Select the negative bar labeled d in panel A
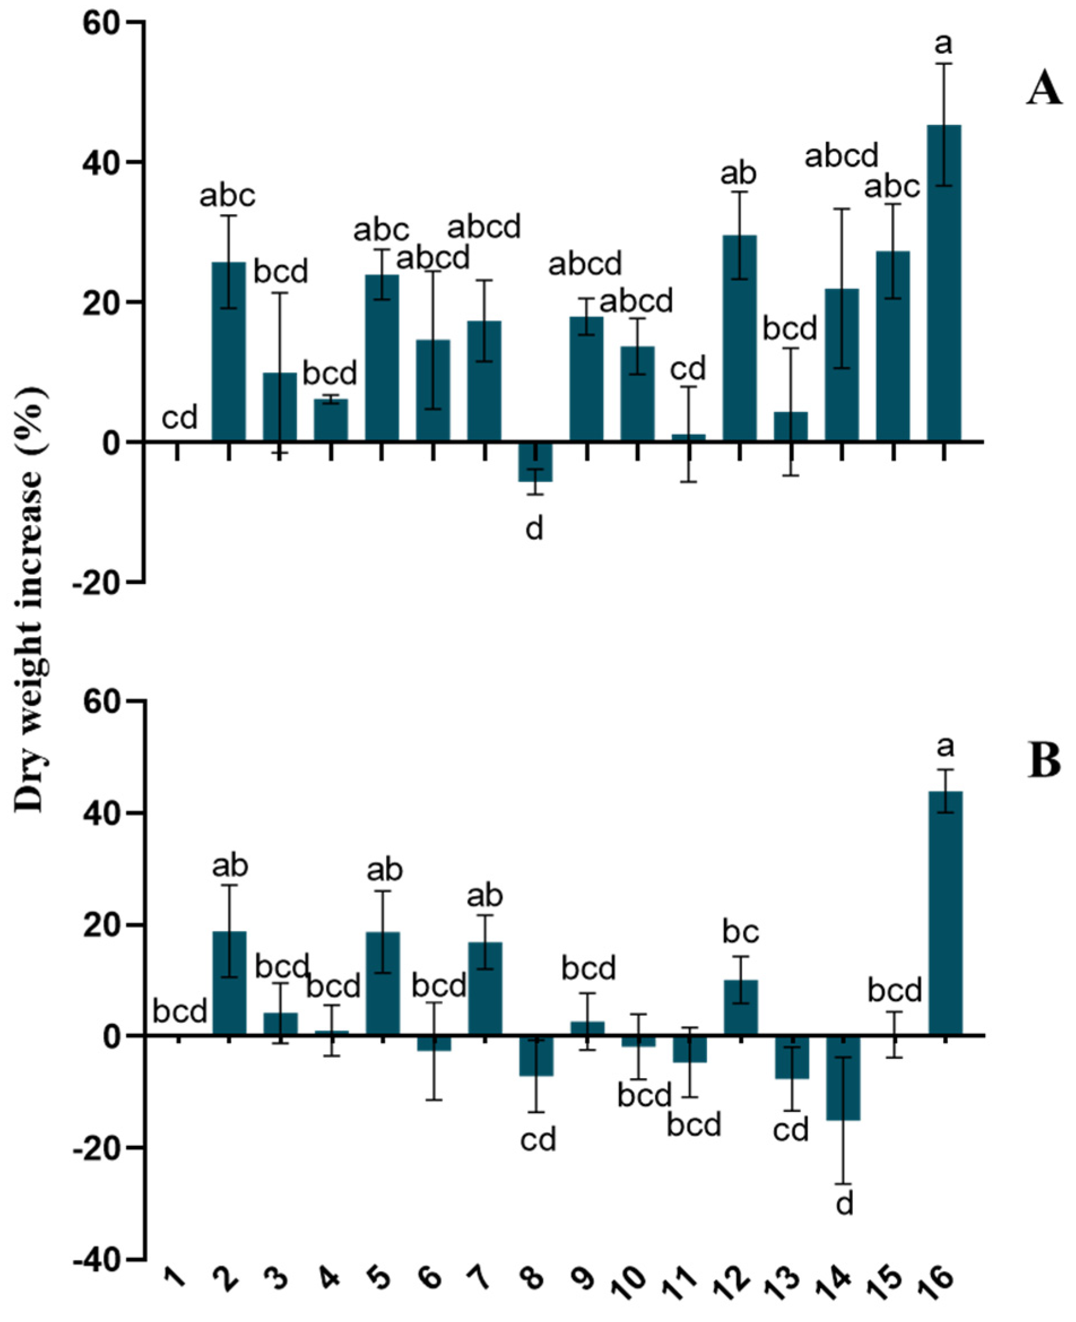pyautogui.click(x=535, y=462)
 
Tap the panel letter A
pyautogui.click(x=1044, y=91)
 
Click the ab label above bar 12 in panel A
pyautogui.click(x=738, y=174)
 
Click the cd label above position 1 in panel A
pyautogui.click(x=180, y=419)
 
